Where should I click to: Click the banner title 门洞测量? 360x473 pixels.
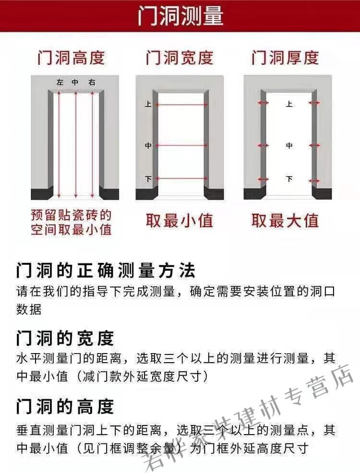point(180,16)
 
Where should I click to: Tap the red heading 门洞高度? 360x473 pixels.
point(71,58)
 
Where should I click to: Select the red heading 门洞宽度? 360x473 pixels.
point(179,58)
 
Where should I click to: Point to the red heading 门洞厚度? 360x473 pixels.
point(285,58)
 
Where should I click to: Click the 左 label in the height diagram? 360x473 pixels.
point(60,83)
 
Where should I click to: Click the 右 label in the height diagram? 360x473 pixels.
point(92,83)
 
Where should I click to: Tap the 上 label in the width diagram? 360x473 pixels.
point(148,104)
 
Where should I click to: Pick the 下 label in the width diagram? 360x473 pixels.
point(148,179)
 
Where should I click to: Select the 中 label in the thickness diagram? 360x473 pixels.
point(289,145)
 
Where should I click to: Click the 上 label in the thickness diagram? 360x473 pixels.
point(289,104)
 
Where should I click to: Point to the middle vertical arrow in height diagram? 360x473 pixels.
point(75,144)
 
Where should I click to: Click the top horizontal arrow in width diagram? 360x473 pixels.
point(182,104)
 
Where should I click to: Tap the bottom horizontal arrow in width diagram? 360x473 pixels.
point(182,179)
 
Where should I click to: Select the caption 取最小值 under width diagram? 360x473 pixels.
point(179,221)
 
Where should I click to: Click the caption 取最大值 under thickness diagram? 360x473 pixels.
point(285,221)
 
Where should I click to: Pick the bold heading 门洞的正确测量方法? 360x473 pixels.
point(106,271)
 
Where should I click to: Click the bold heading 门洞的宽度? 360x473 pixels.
point(65,339)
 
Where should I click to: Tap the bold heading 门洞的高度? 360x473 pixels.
point(65,407)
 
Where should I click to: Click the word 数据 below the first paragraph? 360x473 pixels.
point(29,309)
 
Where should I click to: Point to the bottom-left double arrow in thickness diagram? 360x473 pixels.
point(263,179)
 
